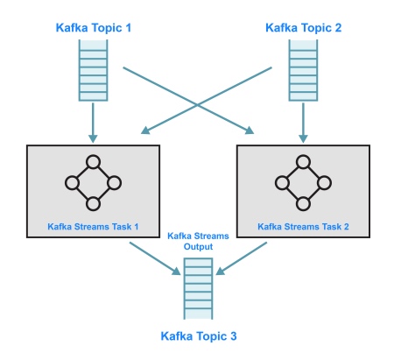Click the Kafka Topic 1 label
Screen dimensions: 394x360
tap(94, 28)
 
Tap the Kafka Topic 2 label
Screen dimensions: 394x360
tap(303, 28)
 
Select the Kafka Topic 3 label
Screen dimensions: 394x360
tap(199, 336)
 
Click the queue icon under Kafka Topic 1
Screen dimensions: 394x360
tap(93, 70)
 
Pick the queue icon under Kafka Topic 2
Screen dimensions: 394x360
tap(303, 70)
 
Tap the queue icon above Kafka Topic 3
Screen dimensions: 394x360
tap(198, 288)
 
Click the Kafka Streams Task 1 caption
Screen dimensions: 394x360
tap(93, 227)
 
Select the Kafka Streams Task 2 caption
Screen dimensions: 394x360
tap(303, 227)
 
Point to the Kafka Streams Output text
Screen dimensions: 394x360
tap(198, 241)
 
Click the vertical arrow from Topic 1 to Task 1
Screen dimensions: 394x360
tap(93, 123)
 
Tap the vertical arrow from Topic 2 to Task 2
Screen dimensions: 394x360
tap(303, 123)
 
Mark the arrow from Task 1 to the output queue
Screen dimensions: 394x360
tap(155, 258)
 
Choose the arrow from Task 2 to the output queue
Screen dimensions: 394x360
tap(242, 258)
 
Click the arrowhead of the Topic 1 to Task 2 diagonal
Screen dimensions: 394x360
tap(250, 131)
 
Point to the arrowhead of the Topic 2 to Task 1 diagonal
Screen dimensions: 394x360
tap(145, 131)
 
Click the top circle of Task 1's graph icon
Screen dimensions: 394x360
tap(93, 162)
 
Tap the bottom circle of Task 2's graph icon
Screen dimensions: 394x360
tap(303, 204)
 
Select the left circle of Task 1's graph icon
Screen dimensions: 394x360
tap(72, 183)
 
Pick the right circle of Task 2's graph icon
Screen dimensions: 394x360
tap(324, 183)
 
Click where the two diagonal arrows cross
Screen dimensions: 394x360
tap(197, 104)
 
